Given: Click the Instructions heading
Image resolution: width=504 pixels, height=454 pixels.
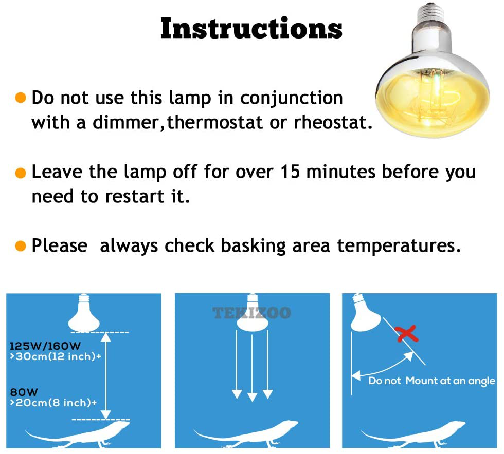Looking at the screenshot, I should tap(251, 29).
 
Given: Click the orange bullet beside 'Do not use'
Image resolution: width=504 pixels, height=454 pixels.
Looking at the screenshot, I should tap(21, 98).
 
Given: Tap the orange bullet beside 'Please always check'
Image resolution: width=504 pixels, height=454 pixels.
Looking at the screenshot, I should tap(21, 246).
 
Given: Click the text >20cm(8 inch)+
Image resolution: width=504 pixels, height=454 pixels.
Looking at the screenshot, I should tap(53, 403).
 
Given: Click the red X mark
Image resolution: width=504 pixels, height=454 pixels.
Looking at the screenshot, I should tap(407, 334).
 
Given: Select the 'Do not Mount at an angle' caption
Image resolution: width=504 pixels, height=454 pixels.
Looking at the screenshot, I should tap(431, 381).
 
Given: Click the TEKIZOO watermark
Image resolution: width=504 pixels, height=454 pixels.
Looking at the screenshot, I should tap(252, 313).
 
